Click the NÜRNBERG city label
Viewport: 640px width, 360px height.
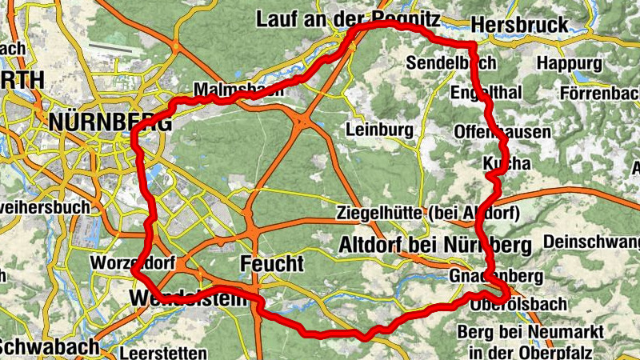110,123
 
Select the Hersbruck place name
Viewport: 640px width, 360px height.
519,24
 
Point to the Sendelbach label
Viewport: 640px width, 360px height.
451,62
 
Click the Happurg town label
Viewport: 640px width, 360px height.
570,62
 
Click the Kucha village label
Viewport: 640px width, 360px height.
507,163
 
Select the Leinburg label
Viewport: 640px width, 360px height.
379,129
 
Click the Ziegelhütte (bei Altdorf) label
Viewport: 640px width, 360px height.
430,214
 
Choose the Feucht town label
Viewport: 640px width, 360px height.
272,263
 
